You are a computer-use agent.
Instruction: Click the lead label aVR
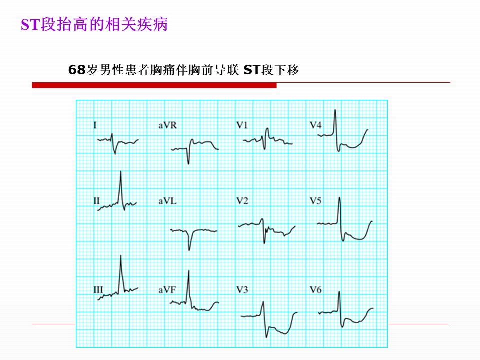(167, 125)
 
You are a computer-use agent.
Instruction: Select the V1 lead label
(242, 125)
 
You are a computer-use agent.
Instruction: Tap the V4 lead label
(315, 125)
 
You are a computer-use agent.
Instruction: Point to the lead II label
(96, 201)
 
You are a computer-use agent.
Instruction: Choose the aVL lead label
(167, 201)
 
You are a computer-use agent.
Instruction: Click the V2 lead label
(242, 201)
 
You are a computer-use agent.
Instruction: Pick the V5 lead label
(315, 201)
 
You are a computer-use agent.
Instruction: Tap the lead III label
(98, 289)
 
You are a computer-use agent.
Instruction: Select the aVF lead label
(167, 289)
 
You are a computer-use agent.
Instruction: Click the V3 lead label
(242, 289)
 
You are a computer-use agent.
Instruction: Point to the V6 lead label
(315, 289)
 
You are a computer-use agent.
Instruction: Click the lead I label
(95, 125)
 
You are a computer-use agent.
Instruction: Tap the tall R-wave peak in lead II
(121, 171)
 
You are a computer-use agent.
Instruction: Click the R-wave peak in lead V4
(335, 110)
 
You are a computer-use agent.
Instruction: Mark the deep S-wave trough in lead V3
(266, 337)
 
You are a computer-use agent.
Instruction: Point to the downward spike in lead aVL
(189, 250)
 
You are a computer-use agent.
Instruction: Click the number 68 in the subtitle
(77, 70)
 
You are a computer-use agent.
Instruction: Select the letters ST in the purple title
(31, 25)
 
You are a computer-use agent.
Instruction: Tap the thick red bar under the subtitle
(154, 85)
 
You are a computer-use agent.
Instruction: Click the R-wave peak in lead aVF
(189, 271)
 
